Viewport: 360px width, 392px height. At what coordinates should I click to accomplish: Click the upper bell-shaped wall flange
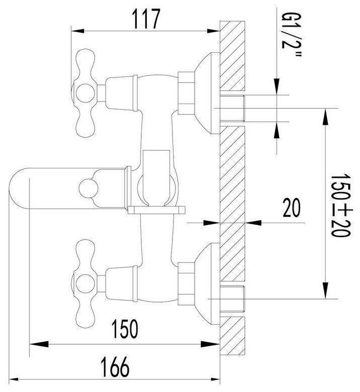coord(207,93)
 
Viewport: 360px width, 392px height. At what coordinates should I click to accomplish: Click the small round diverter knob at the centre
coord(88,187)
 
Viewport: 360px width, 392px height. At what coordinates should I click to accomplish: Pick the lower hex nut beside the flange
coord(186,284)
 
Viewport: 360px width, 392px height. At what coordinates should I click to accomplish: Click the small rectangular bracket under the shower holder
coord(156,210)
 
